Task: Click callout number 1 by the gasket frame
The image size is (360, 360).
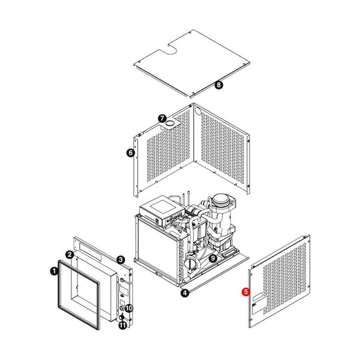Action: pyautogui.click(x=54, y=271)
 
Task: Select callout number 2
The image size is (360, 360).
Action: pyautogui.click(x=70, y=254)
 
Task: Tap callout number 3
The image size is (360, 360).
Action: pyautogui.click(x=121, y=260)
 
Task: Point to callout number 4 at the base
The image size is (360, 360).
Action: pyautogui.click(x=185, y=293)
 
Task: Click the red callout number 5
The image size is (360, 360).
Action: pyautogui.click(x=246, y=292)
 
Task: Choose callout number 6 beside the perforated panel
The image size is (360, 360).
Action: pyautogui.click(x=131, y=152)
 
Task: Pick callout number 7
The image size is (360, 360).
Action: pyautogui.click(x=163, y=118)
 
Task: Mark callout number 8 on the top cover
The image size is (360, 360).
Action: pyautogui.click(x=219, y=85)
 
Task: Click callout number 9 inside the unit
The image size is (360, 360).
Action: pyautogui.click(x=213, y=258)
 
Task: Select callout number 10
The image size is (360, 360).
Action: pyautogui.click(x=129, y=308)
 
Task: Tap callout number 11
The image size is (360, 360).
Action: pyautogui.click(x=123, y=325)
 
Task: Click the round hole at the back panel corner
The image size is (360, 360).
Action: pyautogui.click(x=197, y=112)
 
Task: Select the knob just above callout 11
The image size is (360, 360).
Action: pyautogui.click(x=121, y=317)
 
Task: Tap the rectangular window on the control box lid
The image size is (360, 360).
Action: pyautogui.click(x=163, y=206)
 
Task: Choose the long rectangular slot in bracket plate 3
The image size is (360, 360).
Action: pyautogui.click(x=90, y=252)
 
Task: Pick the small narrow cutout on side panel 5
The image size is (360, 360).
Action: pyautogui.click(x=258, y=296)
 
